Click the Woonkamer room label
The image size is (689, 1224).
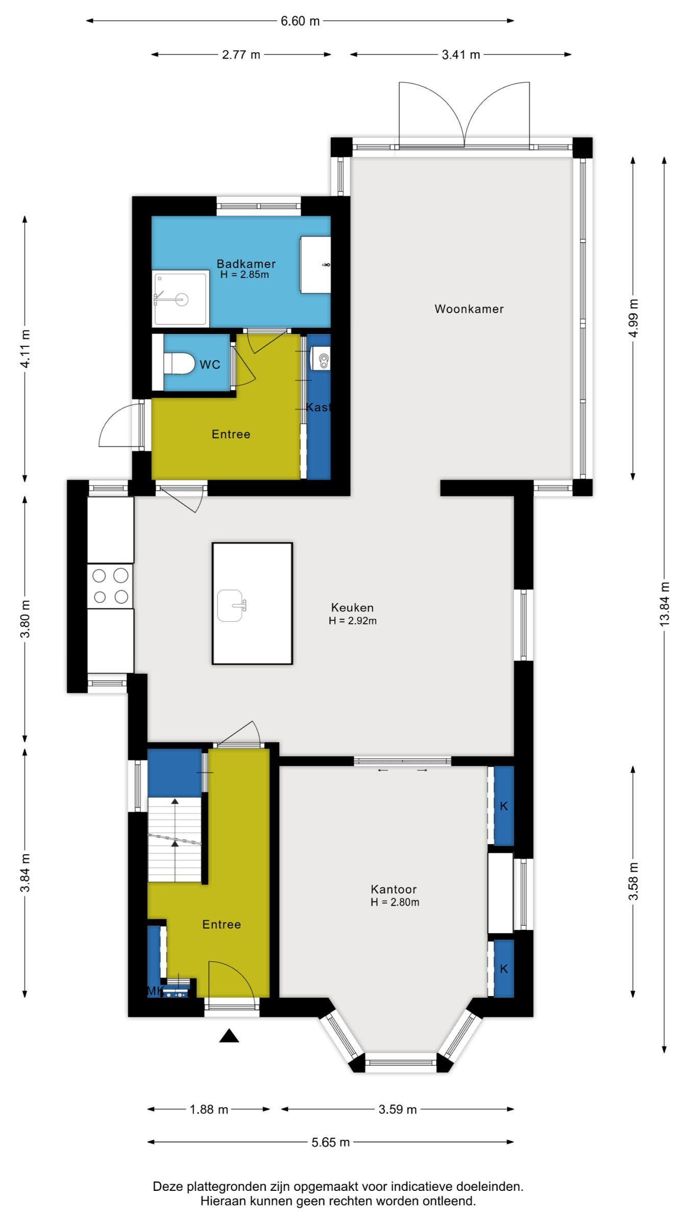click(x=469, y=309)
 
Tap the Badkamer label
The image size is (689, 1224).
click(x=246, y=264)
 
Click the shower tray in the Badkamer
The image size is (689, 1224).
click(x=181, y=299)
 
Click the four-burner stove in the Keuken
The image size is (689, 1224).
click(x=110, y=586)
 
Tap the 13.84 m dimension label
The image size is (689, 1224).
click(x=664, y=604)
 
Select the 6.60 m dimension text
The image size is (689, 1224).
click(x=300, y=21)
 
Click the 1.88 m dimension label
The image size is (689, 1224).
click(x=209, y=1109)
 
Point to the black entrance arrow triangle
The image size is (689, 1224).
click(x=229, y=1036)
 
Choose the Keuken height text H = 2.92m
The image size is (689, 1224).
click(x=353, y=621)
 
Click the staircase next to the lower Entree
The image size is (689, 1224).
click(x=175, y=839)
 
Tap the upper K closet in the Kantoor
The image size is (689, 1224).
click(x=504, y=806)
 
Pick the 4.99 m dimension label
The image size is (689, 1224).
click(x=633, y=318)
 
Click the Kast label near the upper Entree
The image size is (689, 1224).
click(x=318, y=407)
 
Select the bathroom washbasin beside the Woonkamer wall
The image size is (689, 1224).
click(x=315, y=265)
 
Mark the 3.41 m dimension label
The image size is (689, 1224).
click(x=461, y=55)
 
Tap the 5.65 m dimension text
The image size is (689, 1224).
click(x=331, y=1142)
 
